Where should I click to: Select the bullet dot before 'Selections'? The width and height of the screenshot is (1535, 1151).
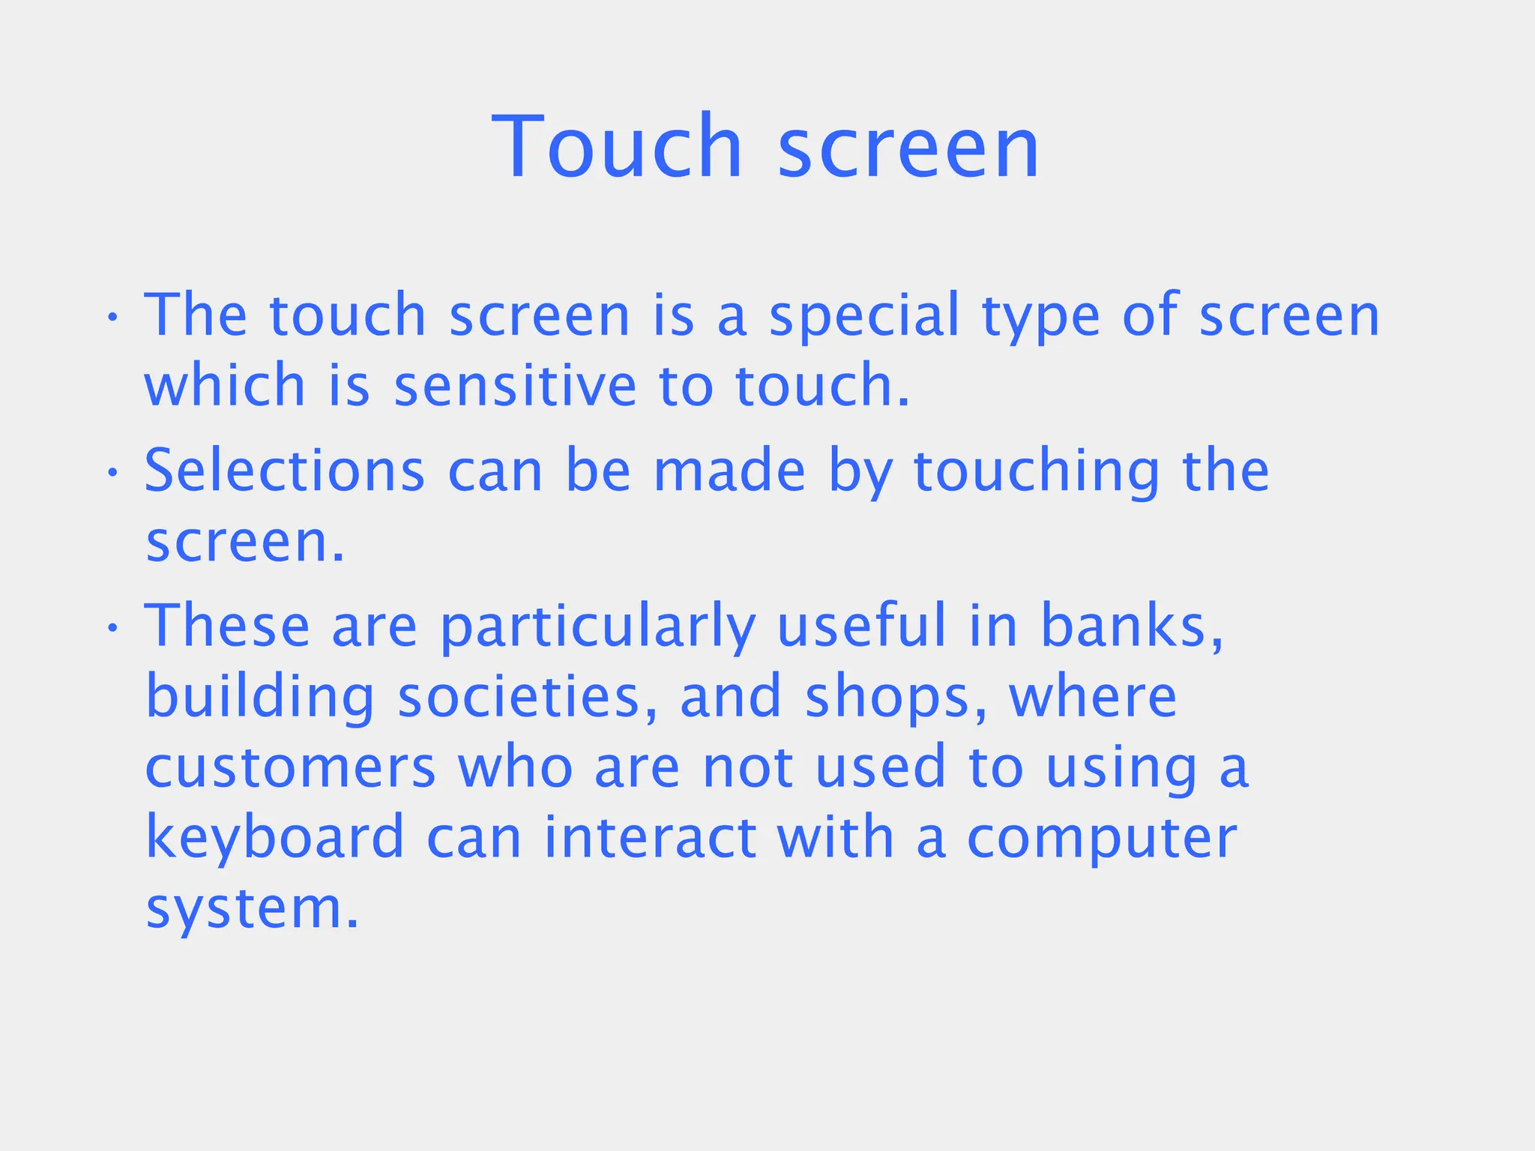[112, 473]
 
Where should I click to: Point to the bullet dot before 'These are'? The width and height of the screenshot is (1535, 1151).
[112, 628]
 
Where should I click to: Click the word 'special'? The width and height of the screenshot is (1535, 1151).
[864, 316]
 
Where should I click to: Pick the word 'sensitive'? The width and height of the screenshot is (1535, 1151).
[515, 385]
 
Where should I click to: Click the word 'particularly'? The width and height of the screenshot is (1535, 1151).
[597, 628]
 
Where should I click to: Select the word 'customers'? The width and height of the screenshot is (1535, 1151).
[290, 767]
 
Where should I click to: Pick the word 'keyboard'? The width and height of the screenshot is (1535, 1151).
[275, 839]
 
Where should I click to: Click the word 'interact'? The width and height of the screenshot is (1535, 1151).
[650, 837]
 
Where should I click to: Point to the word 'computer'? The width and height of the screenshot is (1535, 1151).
[1102, 839]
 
